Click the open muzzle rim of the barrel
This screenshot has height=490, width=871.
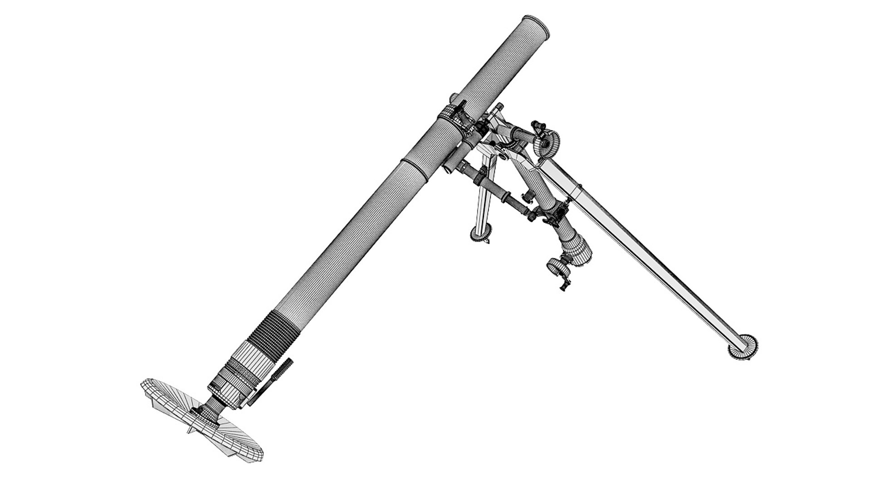tap(535, 26)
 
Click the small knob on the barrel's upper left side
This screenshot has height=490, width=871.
tap(453, 99)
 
